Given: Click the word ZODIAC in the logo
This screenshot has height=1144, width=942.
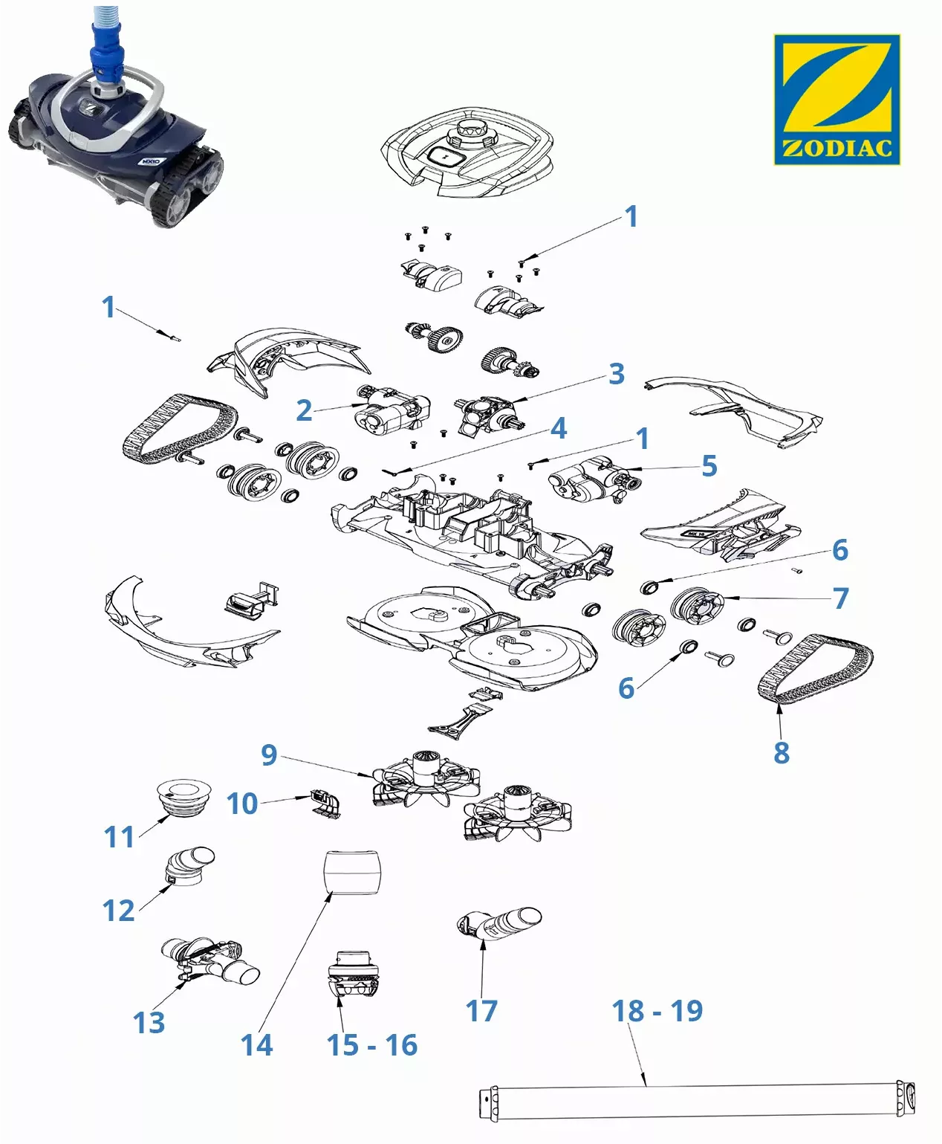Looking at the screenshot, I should coord(837,147).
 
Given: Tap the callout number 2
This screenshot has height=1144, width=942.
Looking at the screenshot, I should coord(303,410).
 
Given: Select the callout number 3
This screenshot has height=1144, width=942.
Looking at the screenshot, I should coord(617,374).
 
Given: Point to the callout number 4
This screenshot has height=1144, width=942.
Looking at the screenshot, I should coord(559,428).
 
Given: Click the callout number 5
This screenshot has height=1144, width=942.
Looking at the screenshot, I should coord(709,466).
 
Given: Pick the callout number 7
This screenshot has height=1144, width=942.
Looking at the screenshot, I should coord(840,598).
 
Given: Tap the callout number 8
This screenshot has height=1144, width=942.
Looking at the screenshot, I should coord(781,752).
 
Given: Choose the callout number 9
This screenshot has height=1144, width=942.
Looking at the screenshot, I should coord(269,754).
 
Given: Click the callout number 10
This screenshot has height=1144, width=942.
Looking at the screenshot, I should coord(242,804).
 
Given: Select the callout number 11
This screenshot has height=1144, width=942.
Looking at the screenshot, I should coord(119,837).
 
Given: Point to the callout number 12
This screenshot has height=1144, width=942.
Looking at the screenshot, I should coord(119,911).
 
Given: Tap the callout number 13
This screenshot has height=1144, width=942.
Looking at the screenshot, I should coord(149,1023).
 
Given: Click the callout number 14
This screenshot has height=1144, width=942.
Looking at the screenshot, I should coord(257,1045).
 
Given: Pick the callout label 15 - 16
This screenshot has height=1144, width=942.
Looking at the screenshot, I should coord(372,1045).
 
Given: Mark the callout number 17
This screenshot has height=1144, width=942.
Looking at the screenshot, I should coord(481,1011).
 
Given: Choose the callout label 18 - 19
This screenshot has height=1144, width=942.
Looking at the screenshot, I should coord(657,1011).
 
